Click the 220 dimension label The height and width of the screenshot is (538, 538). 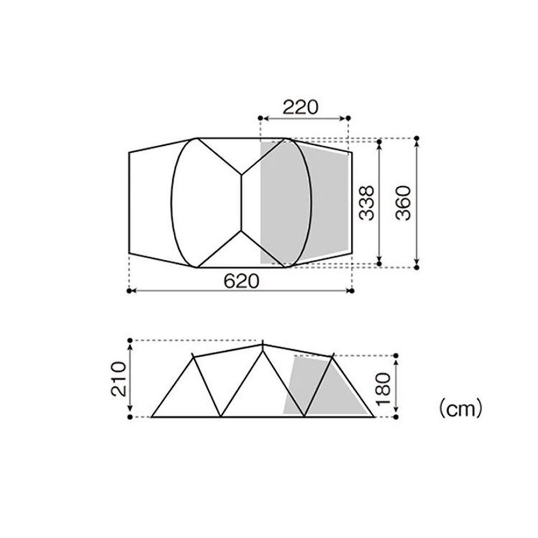coord(300,107)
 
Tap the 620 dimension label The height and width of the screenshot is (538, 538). coord(241,281)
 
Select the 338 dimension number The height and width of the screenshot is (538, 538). coord(366,203)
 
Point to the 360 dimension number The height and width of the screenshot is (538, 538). coord(403,203)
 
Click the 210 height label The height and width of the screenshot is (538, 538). coord(119,379)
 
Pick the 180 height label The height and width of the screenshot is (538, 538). coord(383,388)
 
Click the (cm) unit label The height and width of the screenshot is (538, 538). coord(461,408)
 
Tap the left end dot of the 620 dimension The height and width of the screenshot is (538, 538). coord(129,291)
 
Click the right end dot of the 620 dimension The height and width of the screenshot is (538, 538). coord(352,291)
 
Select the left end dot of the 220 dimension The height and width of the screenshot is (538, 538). coord(260,118)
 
